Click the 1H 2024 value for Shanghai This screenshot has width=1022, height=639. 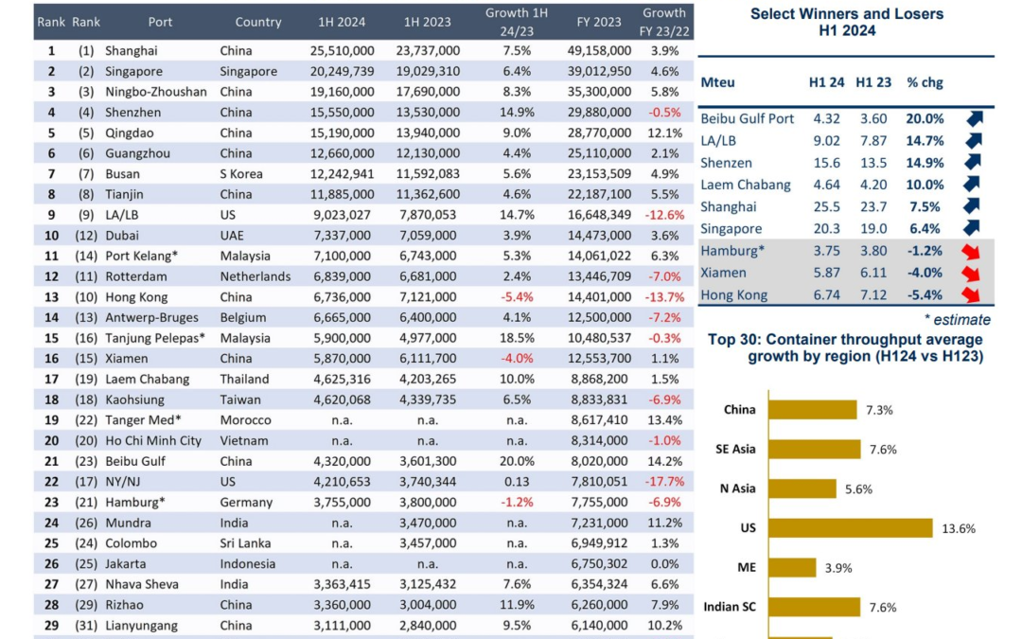point(343,51)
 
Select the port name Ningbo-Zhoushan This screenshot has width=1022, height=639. point(156,92)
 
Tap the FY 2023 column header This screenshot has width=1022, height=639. point(598,22)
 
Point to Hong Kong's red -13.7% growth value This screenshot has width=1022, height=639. point(664,297)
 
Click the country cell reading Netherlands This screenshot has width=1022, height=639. point(255,276)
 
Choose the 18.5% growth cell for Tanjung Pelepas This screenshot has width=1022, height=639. point(517,338)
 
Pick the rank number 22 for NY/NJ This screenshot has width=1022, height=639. point(51,482)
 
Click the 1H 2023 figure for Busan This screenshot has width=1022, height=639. point(428,174)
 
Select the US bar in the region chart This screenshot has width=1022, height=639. point(851,528)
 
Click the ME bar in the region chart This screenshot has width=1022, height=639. point(793,567)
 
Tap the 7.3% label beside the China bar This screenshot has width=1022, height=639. point(879,410)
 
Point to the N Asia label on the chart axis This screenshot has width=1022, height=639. point(737,488)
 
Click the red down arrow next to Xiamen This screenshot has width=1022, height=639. point(971,274)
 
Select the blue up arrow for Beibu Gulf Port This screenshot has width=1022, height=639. point(974,118)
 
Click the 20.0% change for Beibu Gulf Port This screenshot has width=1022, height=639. point(925,118)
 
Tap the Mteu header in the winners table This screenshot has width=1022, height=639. point(717,82)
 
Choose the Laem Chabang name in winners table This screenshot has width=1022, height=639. point(746,186)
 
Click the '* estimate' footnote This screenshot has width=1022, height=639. point(957,320)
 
